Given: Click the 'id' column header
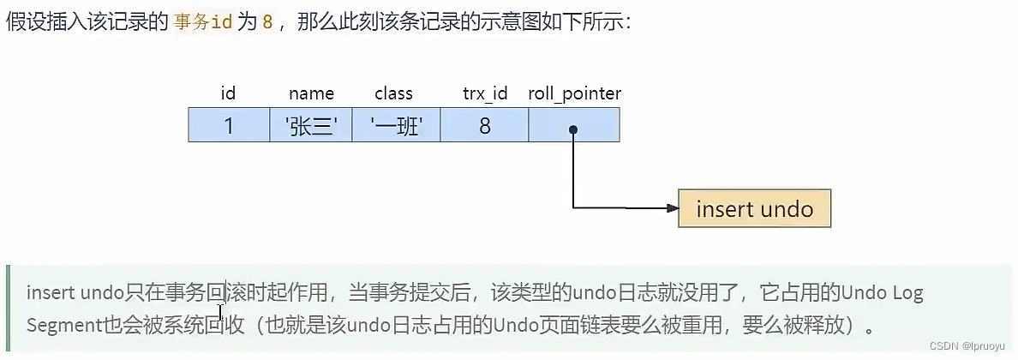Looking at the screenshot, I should (x=228, y=93).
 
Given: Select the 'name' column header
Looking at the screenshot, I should (x=311, y=93).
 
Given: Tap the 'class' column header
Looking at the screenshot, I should (x=393, y=93).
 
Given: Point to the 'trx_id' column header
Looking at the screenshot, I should (x=485, y=93).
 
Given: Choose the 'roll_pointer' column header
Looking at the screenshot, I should (x=574, y=93).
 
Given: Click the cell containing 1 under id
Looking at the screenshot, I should (x=228, y=126).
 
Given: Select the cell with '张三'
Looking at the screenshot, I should (x=311, y=126).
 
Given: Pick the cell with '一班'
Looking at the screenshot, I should (x=393, y=126).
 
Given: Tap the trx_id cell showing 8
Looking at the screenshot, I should (x=485, y=126).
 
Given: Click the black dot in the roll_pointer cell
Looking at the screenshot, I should (x=573, y=129).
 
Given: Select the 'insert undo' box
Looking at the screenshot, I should (x=754, y=208).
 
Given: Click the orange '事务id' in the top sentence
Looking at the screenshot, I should (x=203, y=22).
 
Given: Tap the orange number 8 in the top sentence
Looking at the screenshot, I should (x=267, y=22).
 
